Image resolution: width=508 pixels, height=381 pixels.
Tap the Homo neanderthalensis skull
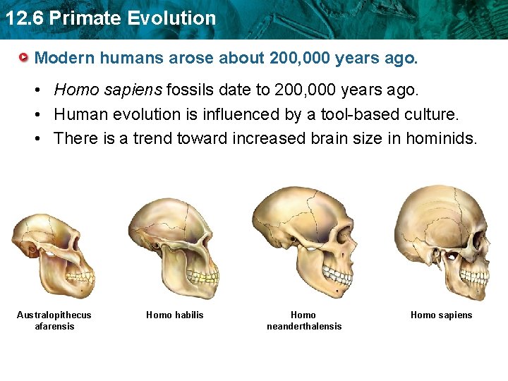pyautogui.click(x=303, y=240)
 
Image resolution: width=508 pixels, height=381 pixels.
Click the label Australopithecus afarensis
pyautogui.click(x=54, y=320)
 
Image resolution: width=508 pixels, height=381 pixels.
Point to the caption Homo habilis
pyautogui.click(x=174, y=315)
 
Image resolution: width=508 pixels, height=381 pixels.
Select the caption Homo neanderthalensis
pyautogui.click(x=303, y=320)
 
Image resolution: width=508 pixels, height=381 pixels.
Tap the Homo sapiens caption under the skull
pyautogui.click(x=442, y=315)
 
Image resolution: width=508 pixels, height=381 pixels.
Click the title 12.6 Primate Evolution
pyautogui.click(x=110, y=18)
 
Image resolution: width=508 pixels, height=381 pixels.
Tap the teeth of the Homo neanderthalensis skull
pyautogui.click(x=341, y=277)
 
